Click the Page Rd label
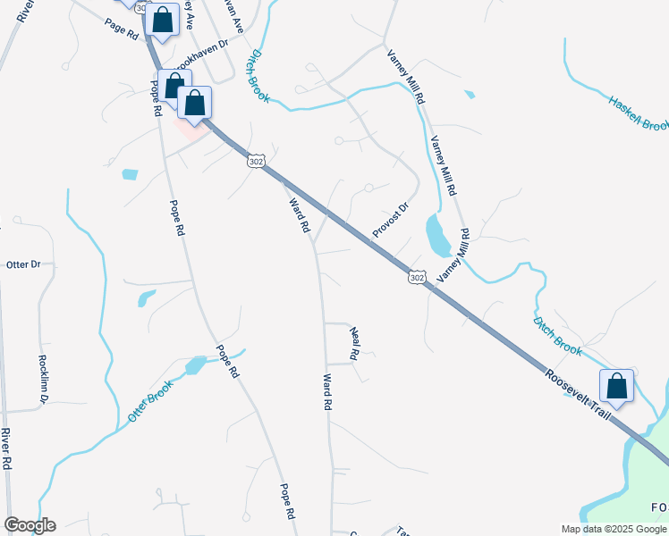pos(122,29)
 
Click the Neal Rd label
pos(354,342)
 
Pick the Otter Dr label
pos(24,264)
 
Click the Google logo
pos(30,525)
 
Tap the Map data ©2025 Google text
pos(614,529)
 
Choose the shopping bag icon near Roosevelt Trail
pos(616,386)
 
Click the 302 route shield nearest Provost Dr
pos(417,278)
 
